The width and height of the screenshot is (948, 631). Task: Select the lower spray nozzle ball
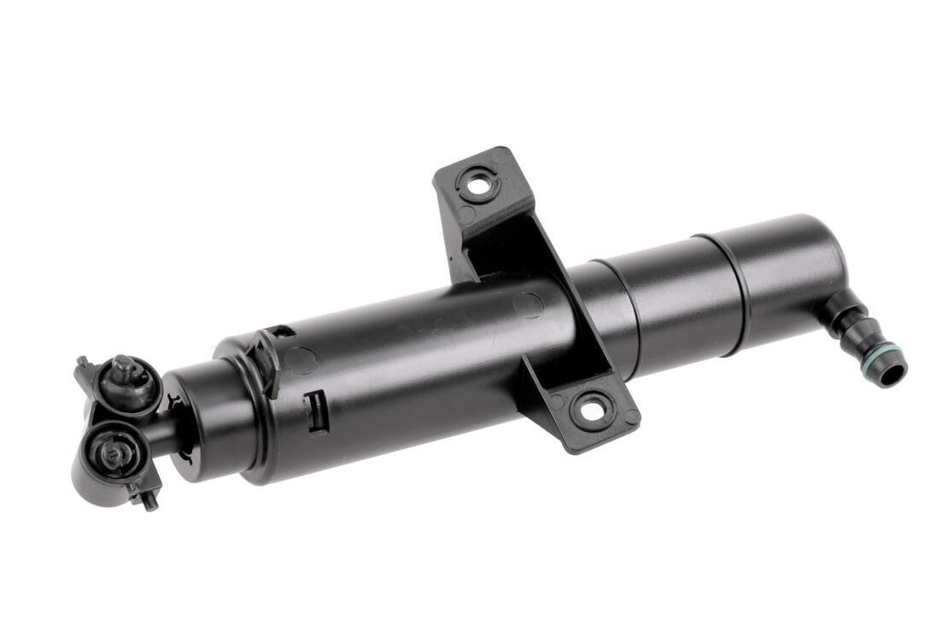pyautogui.click(x=109, y=452)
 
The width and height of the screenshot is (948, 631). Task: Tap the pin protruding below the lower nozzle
pyautogui.click(x=149, y=500)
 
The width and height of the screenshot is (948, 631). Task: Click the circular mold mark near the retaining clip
pyautogui.click(x=300, y=360)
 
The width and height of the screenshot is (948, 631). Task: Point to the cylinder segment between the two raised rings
pyautogui.click(x=675, y=303)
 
